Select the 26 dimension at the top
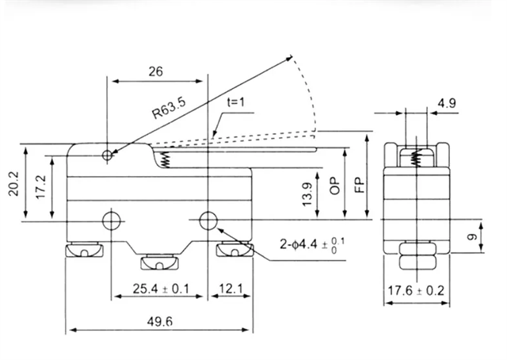point(155,71)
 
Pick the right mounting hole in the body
point(209,220)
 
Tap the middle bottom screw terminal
point(161,262)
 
